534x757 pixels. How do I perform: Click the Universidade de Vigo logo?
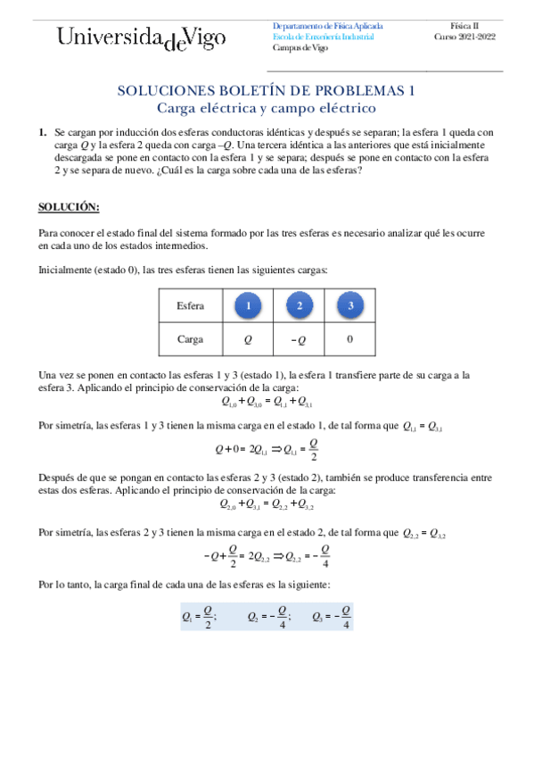point(142,38)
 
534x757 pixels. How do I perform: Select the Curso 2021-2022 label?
point(464,37)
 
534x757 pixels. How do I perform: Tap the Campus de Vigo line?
point(300,48)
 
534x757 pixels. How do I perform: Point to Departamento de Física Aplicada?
point(326,26)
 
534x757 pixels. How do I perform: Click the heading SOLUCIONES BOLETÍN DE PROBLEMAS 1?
point(267,90)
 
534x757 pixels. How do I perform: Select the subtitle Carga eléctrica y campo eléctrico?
point(267,108)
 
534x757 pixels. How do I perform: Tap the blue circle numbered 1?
point(249,306)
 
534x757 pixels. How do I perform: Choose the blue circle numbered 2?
point(300,306)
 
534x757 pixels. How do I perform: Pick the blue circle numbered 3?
point(351,306)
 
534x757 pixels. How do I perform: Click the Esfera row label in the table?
point(190,306)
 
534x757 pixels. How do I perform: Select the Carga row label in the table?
point(190,339)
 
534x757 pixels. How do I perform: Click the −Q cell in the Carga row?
point(300,339)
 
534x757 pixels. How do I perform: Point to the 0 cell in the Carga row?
point(350,339)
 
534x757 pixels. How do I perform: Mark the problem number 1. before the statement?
point(42,131)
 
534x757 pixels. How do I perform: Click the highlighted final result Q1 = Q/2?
point(199,616)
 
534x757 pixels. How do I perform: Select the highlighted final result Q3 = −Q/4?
point(332,616)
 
